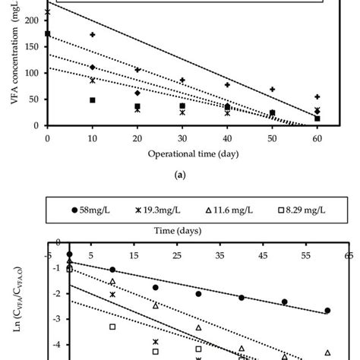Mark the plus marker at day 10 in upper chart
click(93, 35)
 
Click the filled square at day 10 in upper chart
click(93, 100)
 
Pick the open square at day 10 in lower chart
click(112, 327)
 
